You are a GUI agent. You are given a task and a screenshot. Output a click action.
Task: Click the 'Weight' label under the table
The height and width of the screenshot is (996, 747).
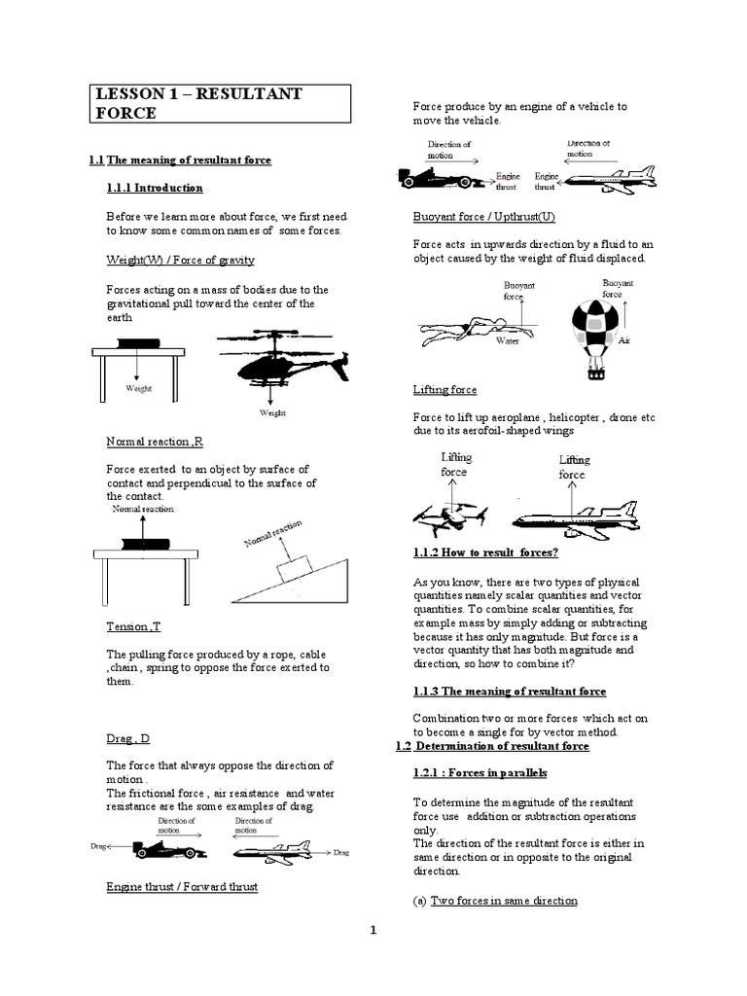click(139, 387)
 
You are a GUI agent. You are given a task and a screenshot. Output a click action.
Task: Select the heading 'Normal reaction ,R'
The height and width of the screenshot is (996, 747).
click(155, 443)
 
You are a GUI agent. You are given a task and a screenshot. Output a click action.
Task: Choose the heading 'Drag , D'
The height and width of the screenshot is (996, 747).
click(127, 739)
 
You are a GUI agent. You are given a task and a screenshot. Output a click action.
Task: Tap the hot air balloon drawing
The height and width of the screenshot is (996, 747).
click(592, 330)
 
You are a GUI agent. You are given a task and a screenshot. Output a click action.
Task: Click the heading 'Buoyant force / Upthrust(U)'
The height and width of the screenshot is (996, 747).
click(483, 216)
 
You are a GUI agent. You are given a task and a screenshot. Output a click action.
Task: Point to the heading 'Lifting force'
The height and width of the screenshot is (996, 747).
click(445, 389)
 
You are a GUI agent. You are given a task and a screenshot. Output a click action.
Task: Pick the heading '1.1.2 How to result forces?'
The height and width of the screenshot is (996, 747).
click(485, 553)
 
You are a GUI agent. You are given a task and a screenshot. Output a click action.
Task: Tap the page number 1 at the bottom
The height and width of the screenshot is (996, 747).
click(373, 931)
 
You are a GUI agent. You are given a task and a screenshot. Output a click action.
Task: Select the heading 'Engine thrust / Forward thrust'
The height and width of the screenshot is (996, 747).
click(182, 887)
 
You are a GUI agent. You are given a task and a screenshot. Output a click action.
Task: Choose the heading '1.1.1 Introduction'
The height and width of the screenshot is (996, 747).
click(155, 188)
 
